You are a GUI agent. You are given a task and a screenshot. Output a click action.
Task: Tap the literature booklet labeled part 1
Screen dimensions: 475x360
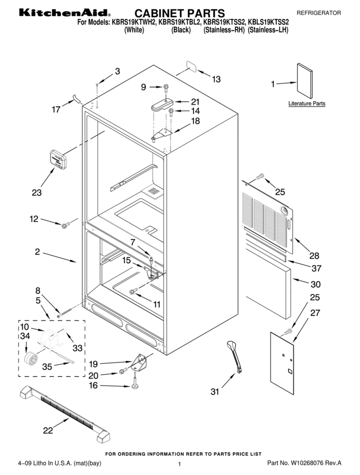[306, 80]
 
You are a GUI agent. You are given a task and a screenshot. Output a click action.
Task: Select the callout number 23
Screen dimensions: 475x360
[37, 192]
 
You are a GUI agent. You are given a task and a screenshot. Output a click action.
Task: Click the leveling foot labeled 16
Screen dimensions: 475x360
[134, 384]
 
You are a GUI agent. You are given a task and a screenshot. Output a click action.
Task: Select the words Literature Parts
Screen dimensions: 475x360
[307, 104]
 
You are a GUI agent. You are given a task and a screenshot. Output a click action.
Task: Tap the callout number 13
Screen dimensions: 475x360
[216, 79]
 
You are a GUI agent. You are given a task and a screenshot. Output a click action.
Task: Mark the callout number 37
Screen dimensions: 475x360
[316, 268]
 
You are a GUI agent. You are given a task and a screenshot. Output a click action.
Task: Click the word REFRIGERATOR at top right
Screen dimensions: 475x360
[319, 13]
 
